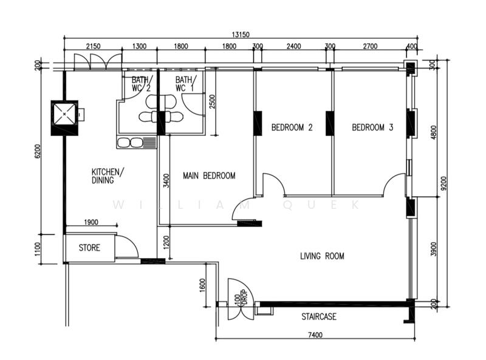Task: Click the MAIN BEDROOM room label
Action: (x=209, y=175)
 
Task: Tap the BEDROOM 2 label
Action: (x=292, y=127)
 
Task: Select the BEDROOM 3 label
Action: (x=372, y=127)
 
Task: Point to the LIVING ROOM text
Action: (x=322, y=256)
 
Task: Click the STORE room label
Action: (x=89, y=248)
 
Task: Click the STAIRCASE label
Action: (x=319, y=317)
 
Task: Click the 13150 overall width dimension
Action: (x=241, y=35)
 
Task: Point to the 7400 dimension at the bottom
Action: (x=315, y=335)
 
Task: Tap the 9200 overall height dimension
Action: (x=444, y=183)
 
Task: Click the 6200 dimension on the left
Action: (x=37, y=152)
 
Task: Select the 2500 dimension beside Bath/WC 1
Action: (x=212, y=101)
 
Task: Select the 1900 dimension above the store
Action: (x=91, y=222)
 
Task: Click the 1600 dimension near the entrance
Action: (x=202, y=285)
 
